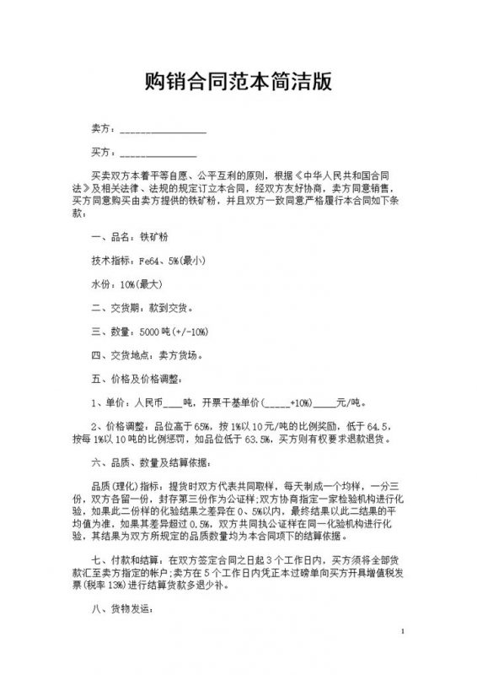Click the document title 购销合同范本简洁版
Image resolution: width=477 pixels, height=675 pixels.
pos(238,82)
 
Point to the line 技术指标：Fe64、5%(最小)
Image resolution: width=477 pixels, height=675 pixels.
pos(147,261)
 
